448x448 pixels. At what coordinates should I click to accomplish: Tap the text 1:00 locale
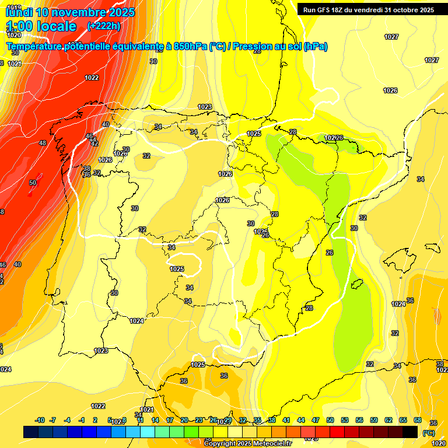42,26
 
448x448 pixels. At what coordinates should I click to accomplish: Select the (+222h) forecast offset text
103,26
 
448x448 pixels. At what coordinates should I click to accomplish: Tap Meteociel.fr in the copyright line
271,444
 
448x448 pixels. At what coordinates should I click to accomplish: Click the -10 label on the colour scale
40,420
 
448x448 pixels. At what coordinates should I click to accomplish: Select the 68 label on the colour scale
418,420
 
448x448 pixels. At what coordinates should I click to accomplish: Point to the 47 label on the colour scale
316,420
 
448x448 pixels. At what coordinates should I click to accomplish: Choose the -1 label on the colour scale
82,420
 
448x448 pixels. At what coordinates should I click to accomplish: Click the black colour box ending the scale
410,432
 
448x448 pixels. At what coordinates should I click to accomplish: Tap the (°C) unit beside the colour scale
429,432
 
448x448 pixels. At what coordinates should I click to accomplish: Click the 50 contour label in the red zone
33,183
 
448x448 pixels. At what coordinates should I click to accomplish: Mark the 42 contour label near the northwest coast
94,143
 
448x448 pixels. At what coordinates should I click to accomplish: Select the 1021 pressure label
146,409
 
